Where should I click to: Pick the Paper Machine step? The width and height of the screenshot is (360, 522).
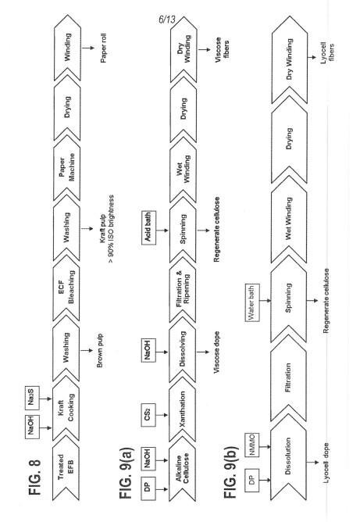(x=66, y=167)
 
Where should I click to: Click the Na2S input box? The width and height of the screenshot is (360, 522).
(x=32, y=399)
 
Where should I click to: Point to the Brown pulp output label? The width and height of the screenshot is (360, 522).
(x=100, y=351)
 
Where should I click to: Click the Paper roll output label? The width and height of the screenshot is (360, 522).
(x=104, y=48)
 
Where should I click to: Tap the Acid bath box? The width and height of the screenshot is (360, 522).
(x=148, y=227)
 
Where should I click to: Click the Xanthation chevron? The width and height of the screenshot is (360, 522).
(x=182, y=409)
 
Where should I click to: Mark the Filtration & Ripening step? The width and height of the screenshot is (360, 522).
(x=183, y=289)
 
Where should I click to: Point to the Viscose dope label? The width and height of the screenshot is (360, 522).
(x=216, y=352)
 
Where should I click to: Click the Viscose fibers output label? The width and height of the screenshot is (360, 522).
(x=222, y=49)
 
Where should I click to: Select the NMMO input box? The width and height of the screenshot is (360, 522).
(x=252, y=445)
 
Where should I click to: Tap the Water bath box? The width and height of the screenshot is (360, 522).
(x=252, y=303)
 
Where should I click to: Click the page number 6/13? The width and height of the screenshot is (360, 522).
(x=167, y=20)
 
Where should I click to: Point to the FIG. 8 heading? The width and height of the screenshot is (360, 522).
(x=34, y=477)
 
